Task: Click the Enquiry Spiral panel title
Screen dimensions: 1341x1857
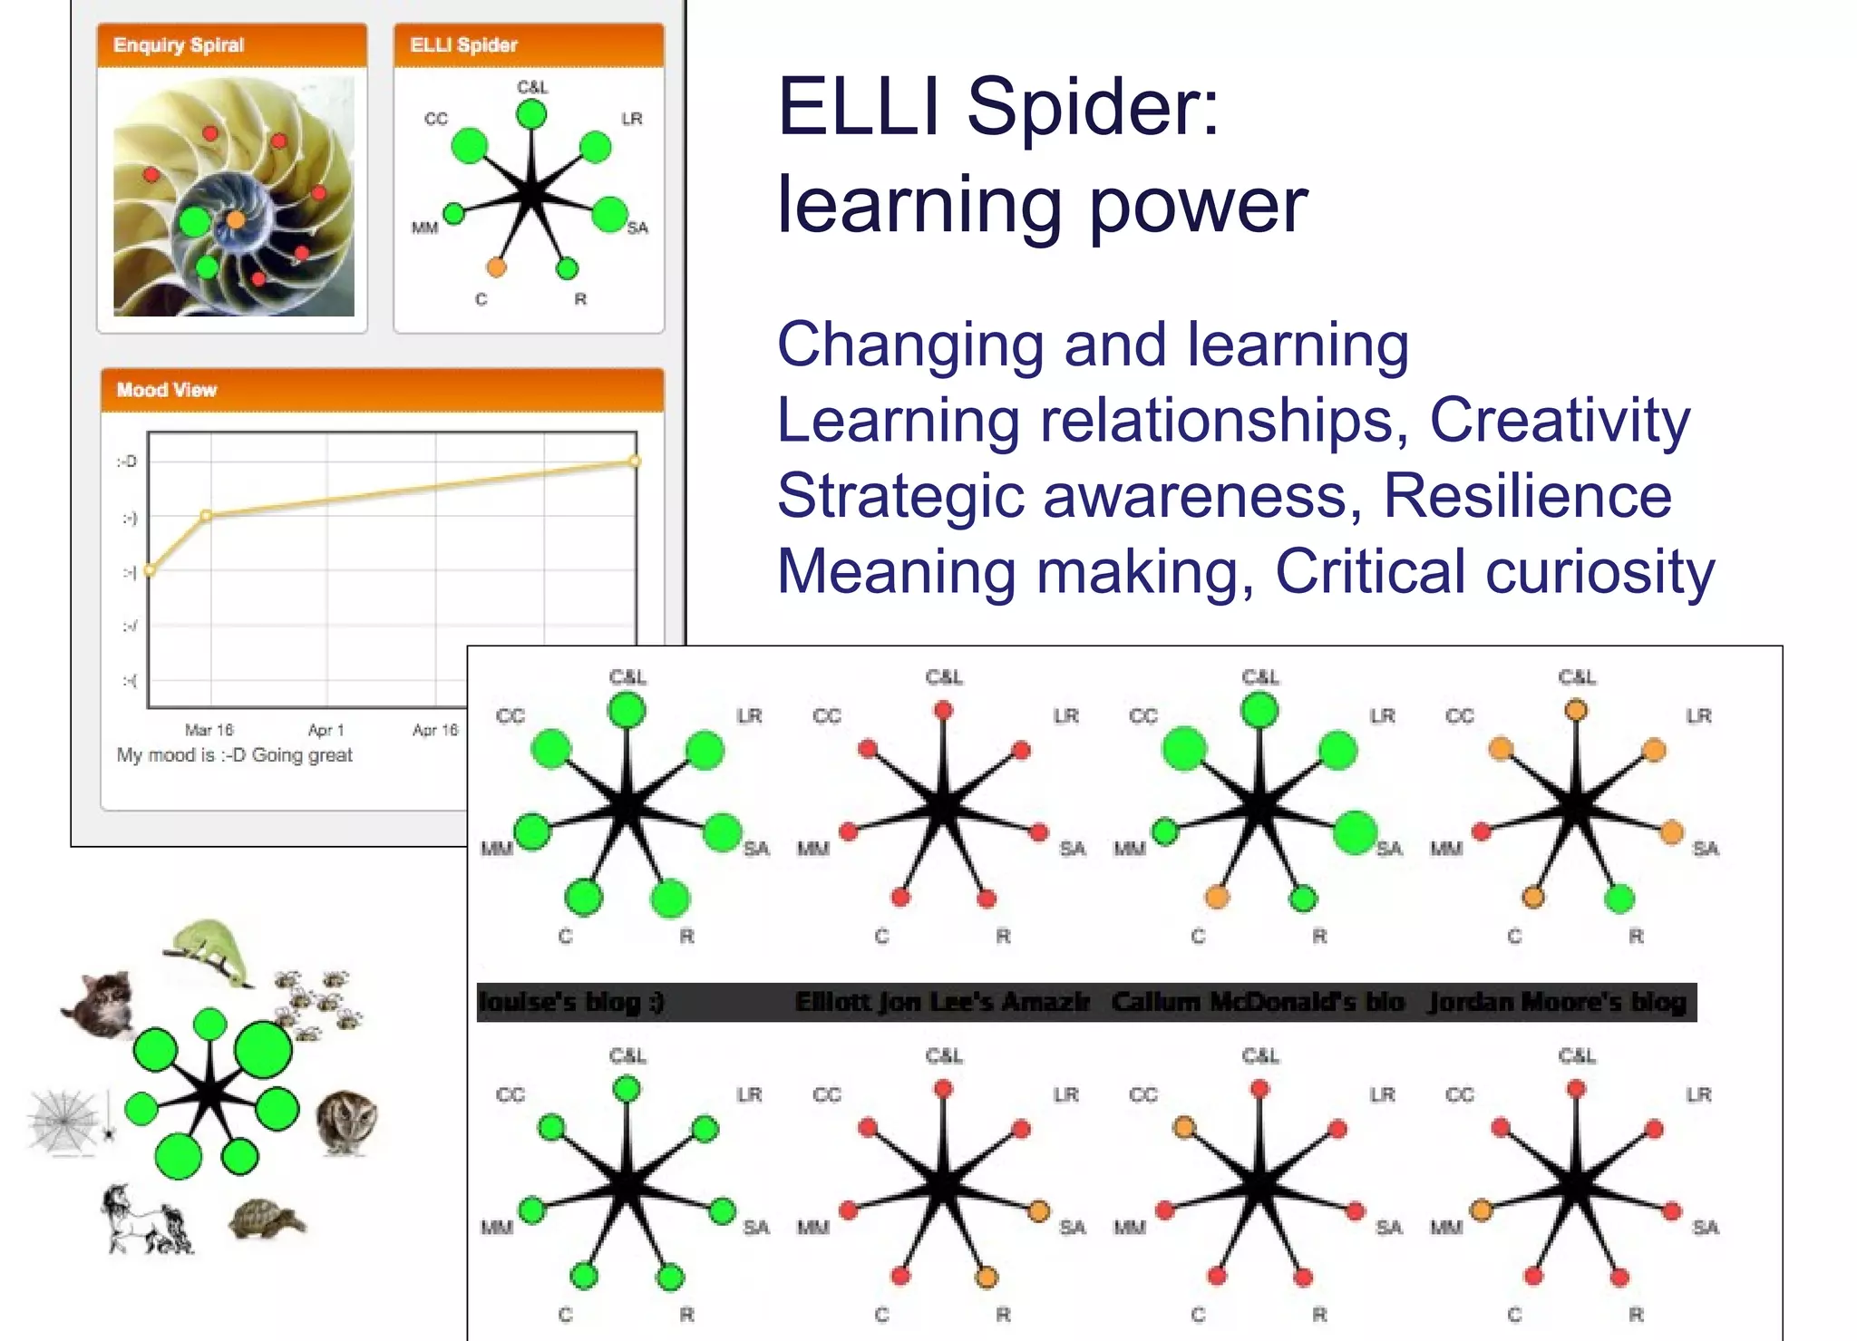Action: (x=179, y=45)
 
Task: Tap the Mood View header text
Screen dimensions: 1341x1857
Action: (x=167, y=390)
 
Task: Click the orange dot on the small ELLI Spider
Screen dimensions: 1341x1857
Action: (x=496, y=267)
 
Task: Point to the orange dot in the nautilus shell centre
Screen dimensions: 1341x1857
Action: (x=236, y=219)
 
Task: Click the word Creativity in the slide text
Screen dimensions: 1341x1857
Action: (x=1560, y=421)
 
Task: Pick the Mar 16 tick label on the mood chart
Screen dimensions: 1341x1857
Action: (x=209, y=730)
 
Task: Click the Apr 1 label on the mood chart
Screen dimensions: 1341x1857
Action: (x=326, y=730)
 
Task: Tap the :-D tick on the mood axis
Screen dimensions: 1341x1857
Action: (x=127, y=462)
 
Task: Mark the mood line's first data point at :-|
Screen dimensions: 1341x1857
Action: (x=150, y=570)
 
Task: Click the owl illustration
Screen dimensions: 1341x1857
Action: (x=346, y=1122)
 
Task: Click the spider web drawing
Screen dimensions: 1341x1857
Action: (x=63, y=1122)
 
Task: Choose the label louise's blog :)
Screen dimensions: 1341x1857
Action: (x=571, y=1002)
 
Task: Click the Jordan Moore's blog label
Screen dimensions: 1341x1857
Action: (x=1558, y=1002)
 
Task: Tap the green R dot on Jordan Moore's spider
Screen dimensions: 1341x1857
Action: (x=1619, y=899)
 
